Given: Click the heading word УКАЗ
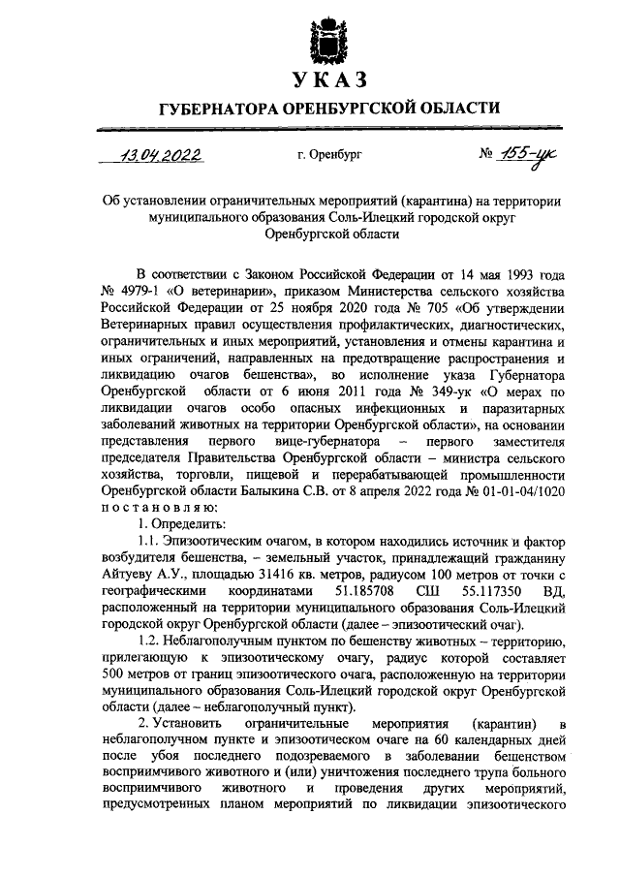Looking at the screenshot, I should tap(328, 78).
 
